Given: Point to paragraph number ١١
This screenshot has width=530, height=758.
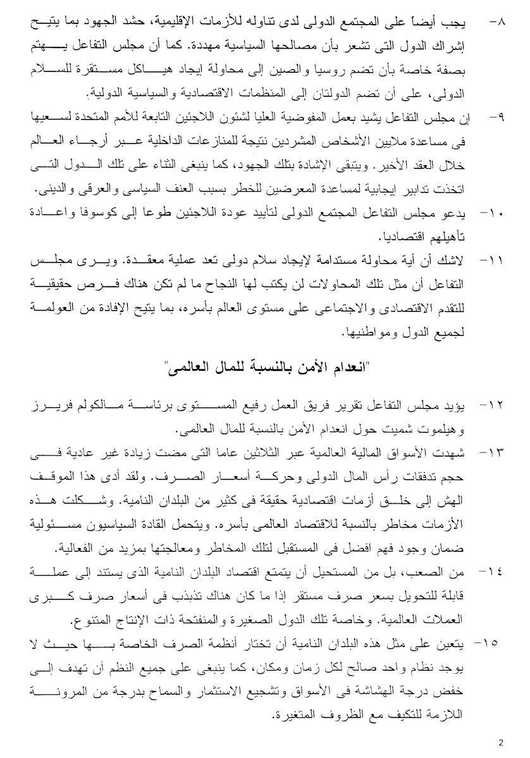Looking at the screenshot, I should (x=493, y=260).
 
